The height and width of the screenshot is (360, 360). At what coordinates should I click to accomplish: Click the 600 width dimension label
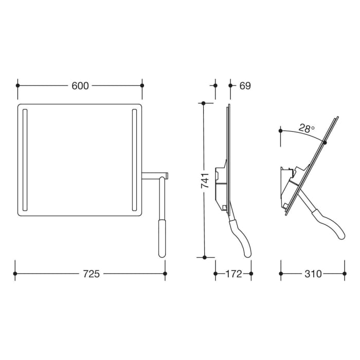click(x=80, y=86)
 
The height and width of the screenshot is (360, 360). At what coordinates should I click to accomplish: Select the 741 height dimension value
click(x=204, y=181)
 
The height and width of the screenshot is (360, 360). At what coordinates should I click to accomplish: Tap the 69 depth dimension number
click(x=245, y=86)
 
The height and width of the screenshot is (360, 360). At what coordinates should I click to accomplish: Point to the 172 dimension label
click(x=233, y=274)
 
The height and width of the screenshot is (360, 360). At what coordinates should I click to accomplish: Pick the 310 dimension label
click(x=312, y=274)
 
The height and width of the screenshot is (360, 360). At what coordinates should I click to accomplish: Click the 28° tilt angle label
click(x=307, y=129)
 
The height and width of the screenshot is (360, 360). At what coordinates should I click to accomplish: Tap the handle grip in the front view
click(x=162, y=238)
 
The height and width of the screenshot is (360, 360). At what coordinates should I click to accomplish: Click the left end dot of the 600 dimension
click(x=17, y=86)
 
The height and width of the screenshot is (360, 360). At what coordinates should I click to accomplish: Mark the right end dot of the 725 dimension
click(x=165, y=274)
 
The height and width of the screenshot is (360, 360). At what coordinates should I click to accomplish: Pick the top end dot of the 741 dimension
click(x=204, y=103)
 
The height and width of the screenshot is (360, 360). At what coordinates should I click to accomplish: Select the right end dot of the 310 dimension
click(x=344, y=274)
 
